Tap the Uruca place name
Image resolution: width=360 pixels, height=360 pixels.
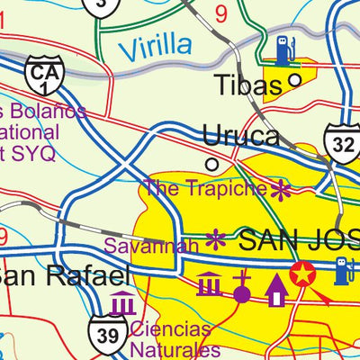[x=240, y=136]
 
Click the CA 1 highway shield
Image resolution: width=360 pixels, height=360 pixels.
[x=43, y=76]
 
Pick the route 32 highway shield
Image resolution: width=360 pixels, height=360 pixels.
[x=343, y=141]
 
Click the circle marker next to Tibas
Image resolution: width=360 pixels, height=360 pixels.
[x=294, y=82]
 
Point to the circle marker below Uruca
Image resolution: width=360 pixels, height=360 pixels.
[x=212, y=165]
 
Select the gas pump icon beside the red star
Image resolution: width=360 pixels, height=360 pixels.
[x=342, y=270]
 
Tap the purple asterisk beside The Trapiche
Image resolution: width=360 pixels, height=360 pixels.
[x=282, y=190]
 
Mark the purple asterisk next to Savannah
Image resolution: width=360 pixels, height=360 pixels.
[x=216, y=239]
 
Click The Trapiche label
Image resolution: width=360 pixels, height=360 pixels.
[x=206, y=189]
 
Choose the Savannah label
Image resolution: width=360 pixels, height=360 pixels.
[x=150, y=245]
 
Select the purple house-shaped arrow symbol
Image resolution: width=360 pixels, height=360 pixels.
[x=276, y=289]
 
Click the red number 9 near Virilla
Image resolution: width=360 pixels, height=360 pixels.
[x=221, y=13]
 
